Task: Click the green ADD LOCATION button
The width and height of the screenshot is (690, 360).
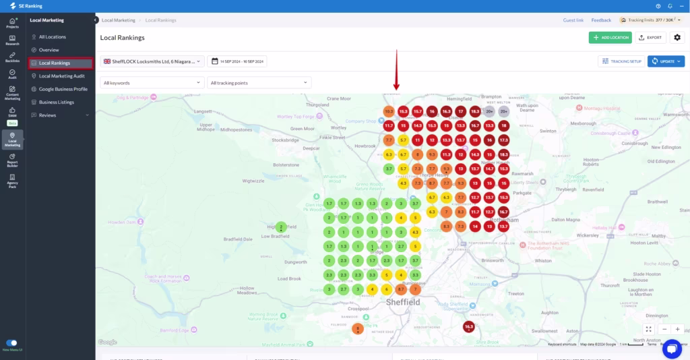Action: [x=610, y=38]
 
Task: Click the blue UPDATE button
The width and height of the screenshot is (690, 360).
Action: [x=666, y=61]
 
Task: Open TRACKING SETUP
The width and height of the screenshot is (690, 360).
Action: [x=621, y=61]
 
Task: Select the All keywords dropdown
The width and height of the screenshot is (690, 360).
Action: [x=152, y=83]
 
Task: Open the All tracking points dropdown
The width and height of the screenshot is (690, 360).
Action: [x=259, y=83]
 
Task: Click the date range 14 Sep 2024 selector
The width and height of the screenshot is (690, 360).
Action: [x=238, y=61]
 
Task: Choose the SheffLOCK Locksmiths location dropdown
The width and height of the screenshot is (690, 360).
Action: [x=152, y=61]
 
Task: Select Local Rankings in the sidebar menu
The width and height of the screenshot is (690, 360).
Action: [x=61, y=63]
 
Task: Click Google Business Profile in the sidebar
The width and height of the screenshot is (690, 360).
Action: [x=63, y=89]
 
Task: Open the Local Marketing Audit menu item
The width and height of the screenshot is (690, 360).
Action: [x=61, y=76]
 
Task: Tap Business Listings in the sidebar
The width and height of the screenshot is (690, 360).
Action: [x=56, y=102]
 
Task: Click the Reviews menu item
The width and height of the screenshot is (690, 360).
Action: [x=48, y=115]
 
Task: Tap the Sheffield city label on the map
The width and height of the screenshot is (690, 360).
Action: [x=403, y=303]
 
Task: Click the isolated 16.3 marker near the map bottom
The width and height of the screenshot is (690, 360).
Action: [x=469, y=327]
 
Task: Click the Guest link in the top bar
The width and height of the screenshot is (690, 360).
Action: [x=573, y=20]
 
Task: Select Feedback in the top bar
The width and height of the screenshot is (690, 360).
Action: [x=601, y=20]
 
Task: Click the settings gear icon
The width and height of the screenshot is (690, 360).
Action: [x=677, y=38]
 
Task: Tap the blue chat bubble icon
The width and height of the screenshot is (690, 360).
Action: [x=672, y=349]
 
